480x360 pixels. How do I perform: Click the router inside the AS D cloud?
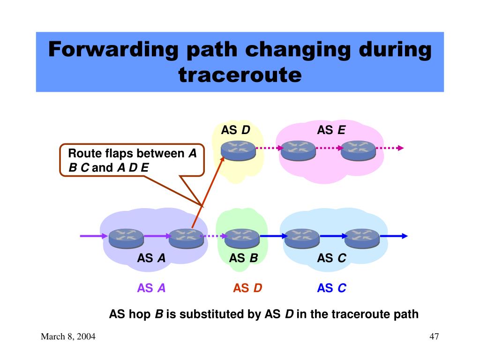point(238,150)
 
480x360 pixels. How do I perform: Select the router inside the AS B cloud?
point(242,238)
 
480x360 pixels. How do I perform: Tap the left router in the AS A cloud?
point(126,238)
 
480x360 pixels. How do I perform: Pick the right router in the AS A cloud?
point(186,238)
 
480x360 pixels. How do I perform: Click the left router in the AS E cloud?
point(298,150)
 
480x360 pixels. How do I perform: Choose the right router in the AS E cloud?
point(358,150)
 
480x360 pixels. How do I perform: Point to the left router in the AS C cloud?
point(302,238)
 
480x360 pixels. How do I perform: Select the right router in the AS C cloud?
point(362,238)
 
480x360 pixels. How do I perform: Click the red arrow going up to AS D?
point(208,192)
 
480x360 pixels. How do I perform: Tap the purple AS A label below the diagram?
point(151,288)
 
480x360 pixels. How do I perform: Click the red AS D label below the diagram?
point(247,288)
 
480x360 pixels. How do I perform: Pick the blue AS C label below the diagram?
point(331,288)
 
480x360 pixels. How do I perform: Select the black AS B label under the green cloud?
point(243,258)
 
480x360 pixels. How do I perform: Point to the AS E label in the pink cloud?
point(331,130)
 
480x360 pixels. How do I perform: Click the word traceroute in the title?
point(240,75)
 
